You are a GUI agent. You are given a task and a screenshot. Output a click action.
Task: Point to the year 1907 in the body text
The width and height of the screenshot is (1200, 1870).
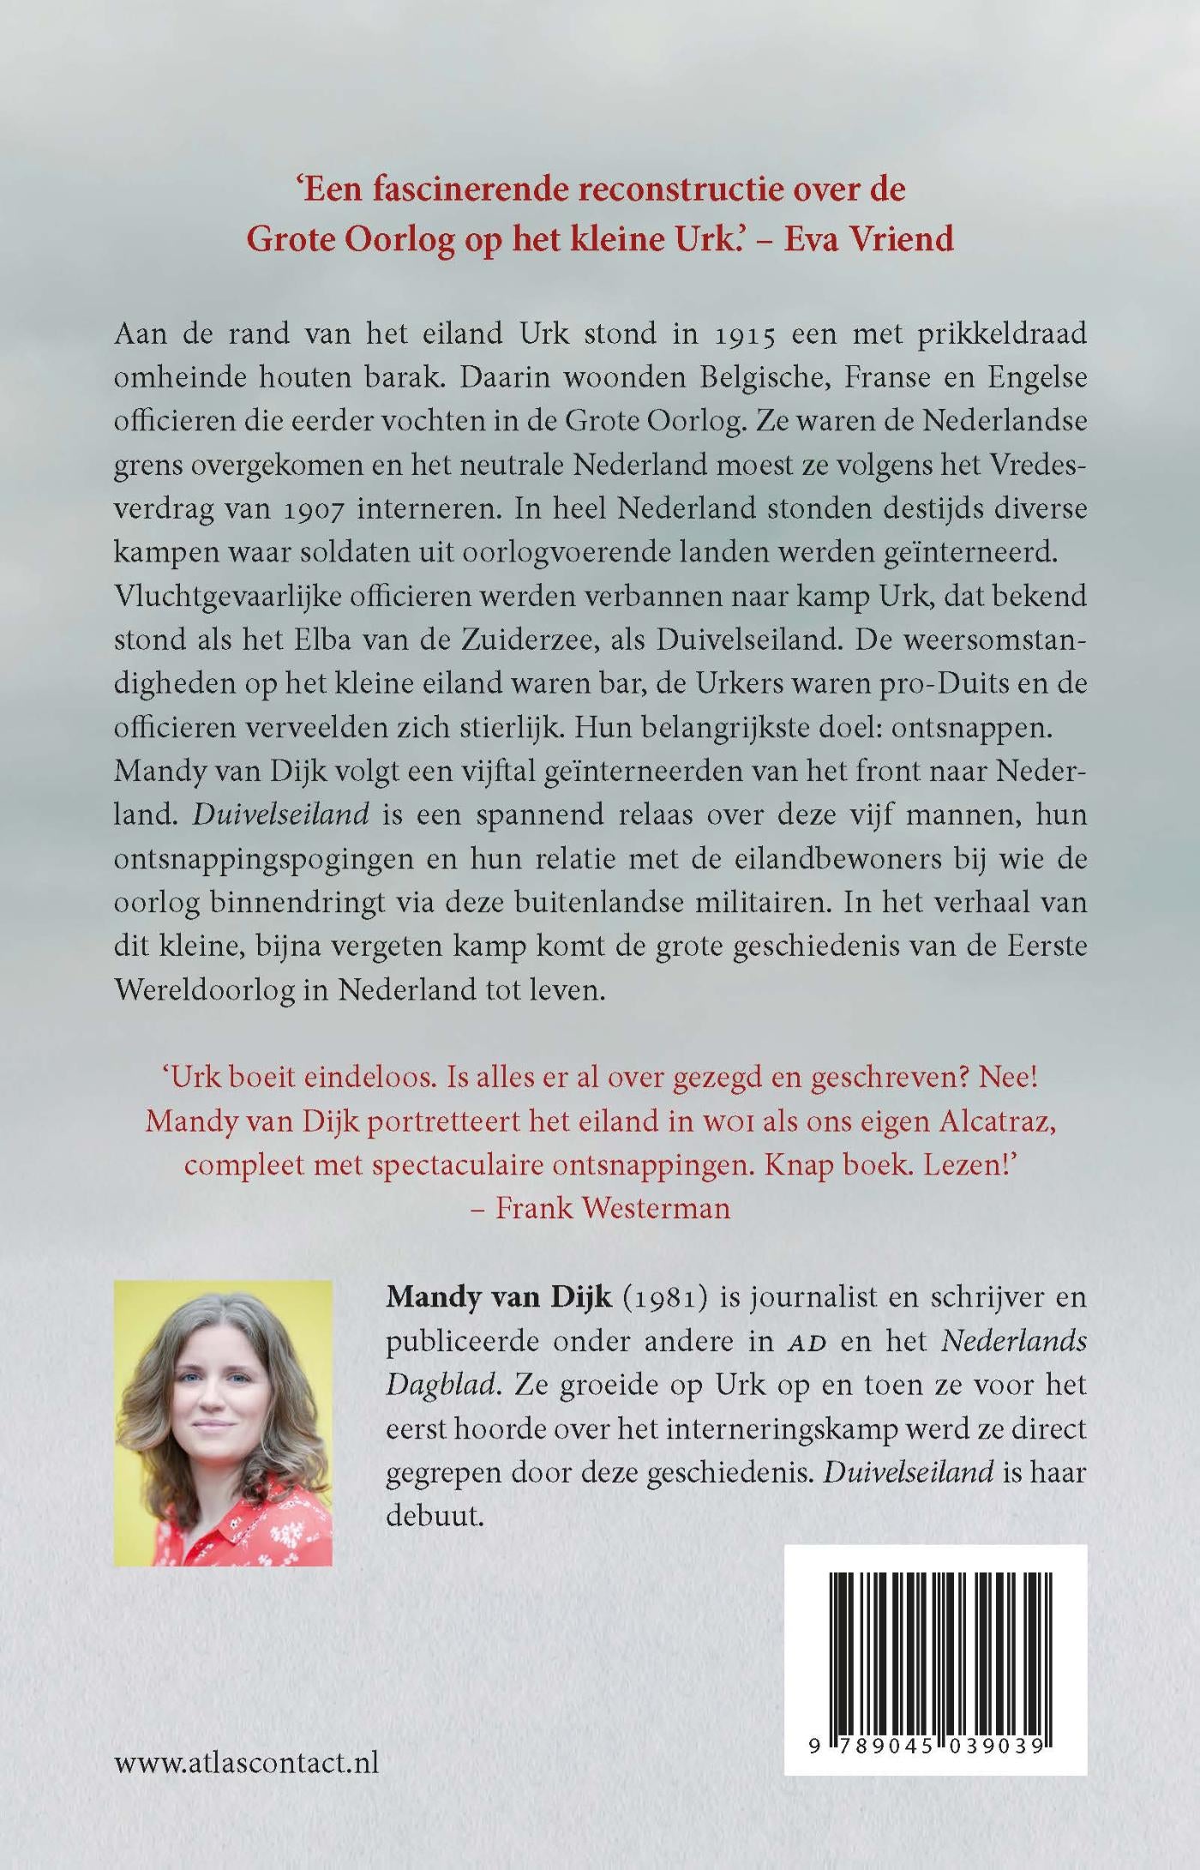(x=297, y=508)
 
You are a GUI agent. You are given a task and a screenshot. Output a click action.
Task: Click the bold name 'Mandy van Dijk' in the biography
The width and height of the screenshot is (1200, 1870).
(x=499, y=1296)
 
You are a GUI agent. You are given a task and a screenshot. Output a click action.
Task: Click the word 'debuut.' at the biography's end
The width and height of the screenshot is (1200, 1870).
(x=435, y=1516)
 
